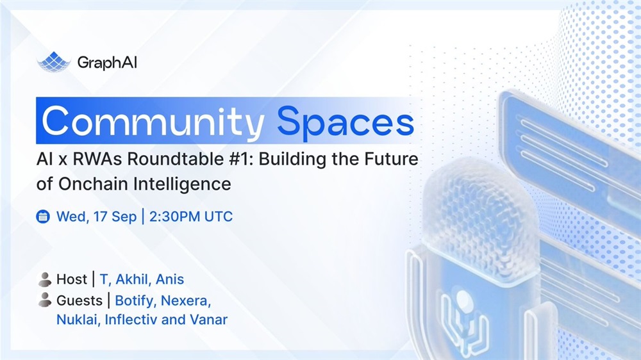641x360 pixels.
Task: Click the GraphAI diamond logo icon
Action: point(54,62)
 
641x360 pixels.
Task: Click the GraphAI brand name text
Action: point(107,63)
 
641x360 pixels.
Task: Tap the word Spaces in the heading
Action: point(345,122)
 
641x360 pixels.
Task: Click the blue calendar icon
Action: point(43,217)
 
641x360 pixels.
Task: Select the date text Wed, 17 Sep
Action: point(97,217)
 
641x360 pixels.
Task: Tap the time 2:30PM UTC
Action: point(191,217)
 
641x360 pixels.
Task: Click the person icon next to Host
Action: point(45,279)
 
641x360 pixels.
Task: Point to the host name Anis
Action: point(170,279)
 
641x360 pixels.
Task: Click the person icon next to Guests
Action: point(45,300)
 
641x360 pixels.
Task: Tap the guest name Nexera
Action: point(186,301)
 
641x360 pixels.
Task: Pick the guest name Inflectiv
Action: point(131,320)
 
